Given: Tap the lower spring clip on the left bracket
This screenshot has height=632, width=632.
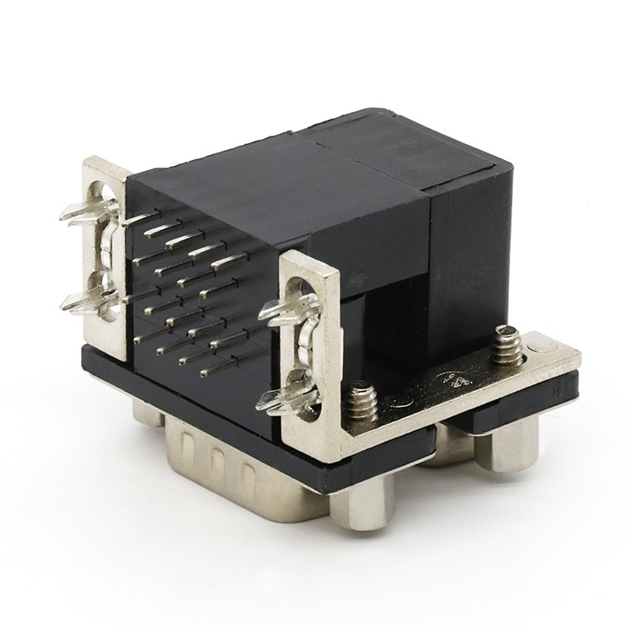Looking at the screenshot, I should pyautogui.click(x=90, y=298).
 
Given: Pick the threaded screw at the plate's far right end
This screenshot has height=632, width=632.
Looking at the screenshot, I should pyautogui.click(x=508, y=344).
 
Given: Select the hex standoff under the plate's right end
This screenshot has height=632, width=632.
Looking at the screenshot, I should pyautogui.click(x=509, y=442).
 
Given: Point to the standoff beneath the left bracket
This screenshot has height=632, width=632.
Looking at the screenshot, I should pyautogui.click(x=147, y=411).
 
